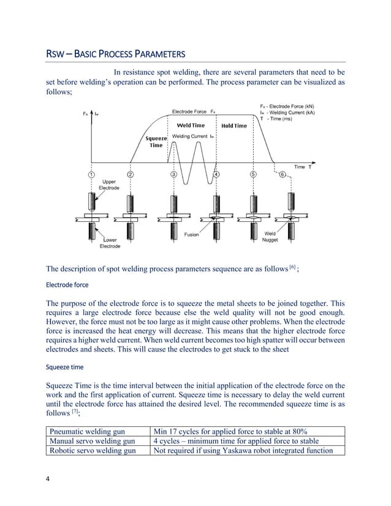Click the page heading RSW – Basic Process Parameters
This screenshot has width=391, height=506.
tap(116, 53)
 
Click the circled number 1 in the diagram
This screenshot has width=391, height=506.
tap(91, 175)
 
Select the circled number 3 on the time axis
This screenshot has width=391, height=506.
tap(174, 175)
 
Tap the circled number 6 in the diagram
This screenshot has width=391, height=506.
tap(283, 175)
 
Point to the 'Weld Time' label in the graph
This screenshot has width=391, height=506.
tap(191, 126)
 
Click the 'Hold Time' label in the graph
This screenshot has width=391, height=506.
tap(233, 126)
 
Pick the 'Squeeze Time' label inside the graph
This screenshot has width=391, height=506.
tap(156, 142)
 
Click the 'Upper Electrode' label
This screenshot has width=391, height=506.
tap(111, 184)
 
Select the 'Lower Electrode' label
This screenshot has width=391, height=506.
tap(111, 243)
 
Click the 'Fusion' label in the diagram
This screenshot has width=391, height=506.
tap(191, 235)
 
